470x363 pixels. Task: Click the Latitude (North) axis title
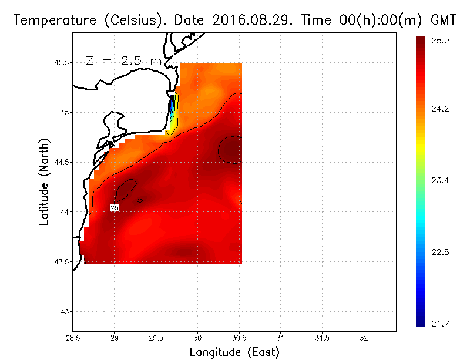(45, 181)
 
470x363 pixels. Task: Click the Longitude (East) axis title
(234, 352)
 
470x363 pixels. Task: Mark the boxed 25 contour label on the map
(115, 208)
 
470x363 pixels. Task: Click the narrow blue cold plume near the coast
(172, 109)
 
